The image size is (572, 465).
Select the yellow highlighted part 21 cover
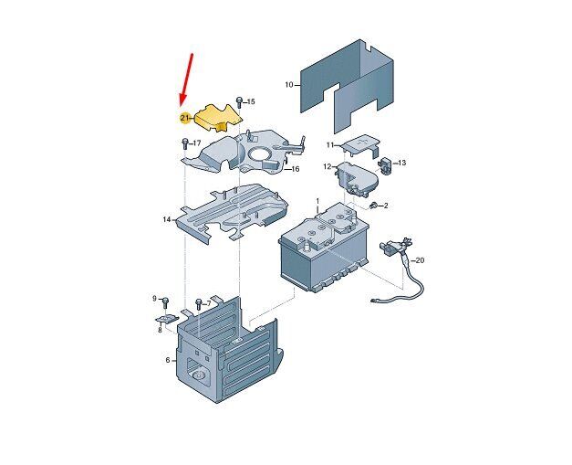click(x=218, y=118)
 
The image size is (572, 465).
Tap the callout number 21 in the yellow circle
click(x=185, y=118)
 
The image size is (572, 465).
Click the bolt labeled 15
click(x=239, y=101)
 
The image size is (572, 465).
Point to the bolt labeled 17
click(x=184, y=143)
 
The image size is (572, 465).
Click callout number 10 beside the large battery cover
click(x=289, y=85)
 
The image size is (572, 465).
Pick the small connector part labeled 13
click(x=386, y=164)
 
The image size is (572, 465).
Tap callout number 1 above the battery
click(x=317, y=201)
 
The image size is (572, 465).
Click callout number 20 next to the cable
click(x=420, y=260)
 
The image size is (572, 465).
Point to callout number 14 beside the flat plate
click(x=167, y=219)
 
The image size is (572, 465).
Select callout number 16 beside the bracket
click(x=295, y=169)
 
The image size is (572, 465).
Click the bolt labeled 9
click(x=164, y=301)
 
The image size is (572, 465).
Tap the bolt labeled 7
click(x=198, y=303)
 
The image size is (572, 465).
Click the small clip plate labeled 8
click(x=167, y=319)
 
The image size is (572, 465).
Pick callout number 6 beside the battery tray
click(x=168, y=360)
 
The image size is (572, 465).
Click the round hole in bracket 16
click(x=261, y=153)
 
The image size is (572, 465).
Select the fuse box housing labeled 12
click(x=356, y=178)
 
